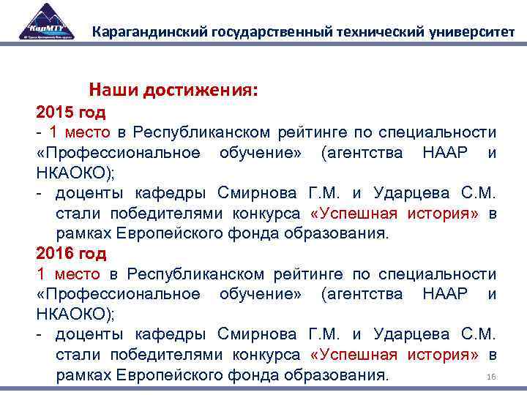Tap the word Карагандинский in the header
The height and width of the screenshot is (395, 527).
pos(147,32)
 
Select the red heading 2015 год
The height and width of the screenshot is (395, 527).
pos(71,113)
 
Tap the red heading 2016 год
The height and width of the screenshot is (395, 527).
pos(71,254)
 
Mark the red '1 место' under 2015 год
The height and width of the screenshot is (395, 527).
pos(79,132)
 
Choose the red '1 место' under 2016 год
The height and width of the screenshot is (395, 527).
pos(68,274)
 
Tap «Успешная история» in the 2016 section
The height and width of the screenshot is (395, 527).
pos(395,355)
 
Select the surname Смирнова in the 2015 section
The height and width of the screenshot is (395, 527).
pos(258,193)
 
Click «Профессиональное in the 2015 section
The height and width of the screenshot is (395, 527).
pos(118,153)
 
